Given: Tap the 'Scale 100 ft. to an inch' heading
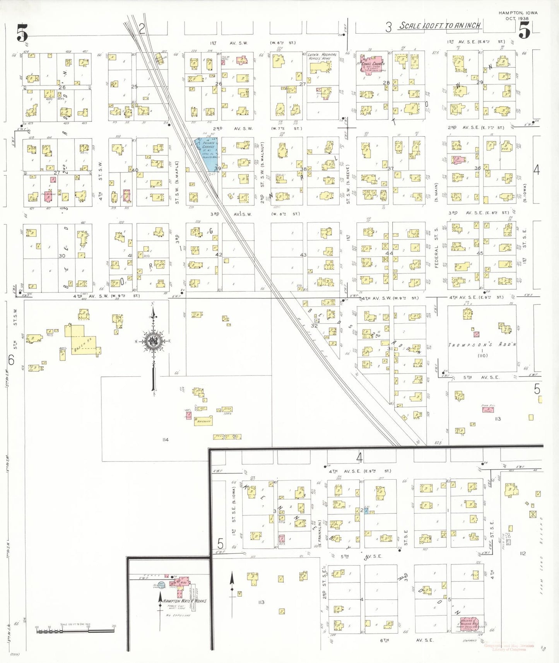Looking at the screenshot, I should (x=440, y=26).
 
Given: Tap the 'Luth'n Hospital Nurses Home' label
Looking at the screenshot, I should (x=322, y=57).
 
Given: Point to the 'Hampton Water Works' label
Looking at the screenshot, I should (x=185, y=601).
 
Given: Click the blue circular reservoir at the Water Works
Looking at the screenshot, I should (x=162, y=584).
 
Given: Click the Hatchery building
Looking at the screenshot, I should (x=204, y=421).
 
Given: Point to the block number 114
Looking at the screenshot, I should (x=166, y=440).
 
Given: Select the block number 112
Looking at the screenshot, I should (x=523, y=554).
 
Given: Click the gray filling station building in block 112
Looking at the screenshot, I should (x=508, y=542).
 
